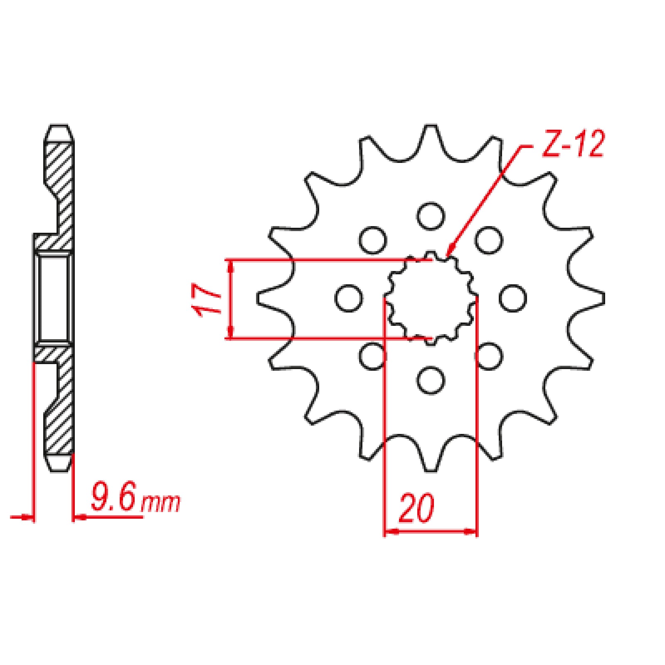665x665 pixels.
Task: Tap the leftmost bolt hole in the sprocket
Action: click(348, 298)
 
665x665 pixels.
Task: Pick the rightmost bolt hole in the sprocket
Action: click(513, 298)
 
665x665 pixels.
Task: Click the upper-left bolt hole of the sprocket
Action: click(373, 240)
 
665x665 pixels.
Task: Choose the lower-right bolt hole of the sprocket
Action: click(489, 356)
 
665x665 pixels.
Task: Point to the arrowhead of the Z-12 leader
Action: click(448, 253)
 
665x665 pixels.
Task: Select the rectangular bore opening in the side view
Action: click(53, 298)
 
